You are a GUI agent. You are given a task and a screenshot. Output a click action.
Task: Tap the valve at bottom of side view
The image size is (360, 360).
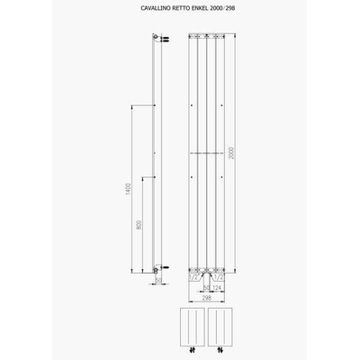pyautogui.click(x=159, y=267)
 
